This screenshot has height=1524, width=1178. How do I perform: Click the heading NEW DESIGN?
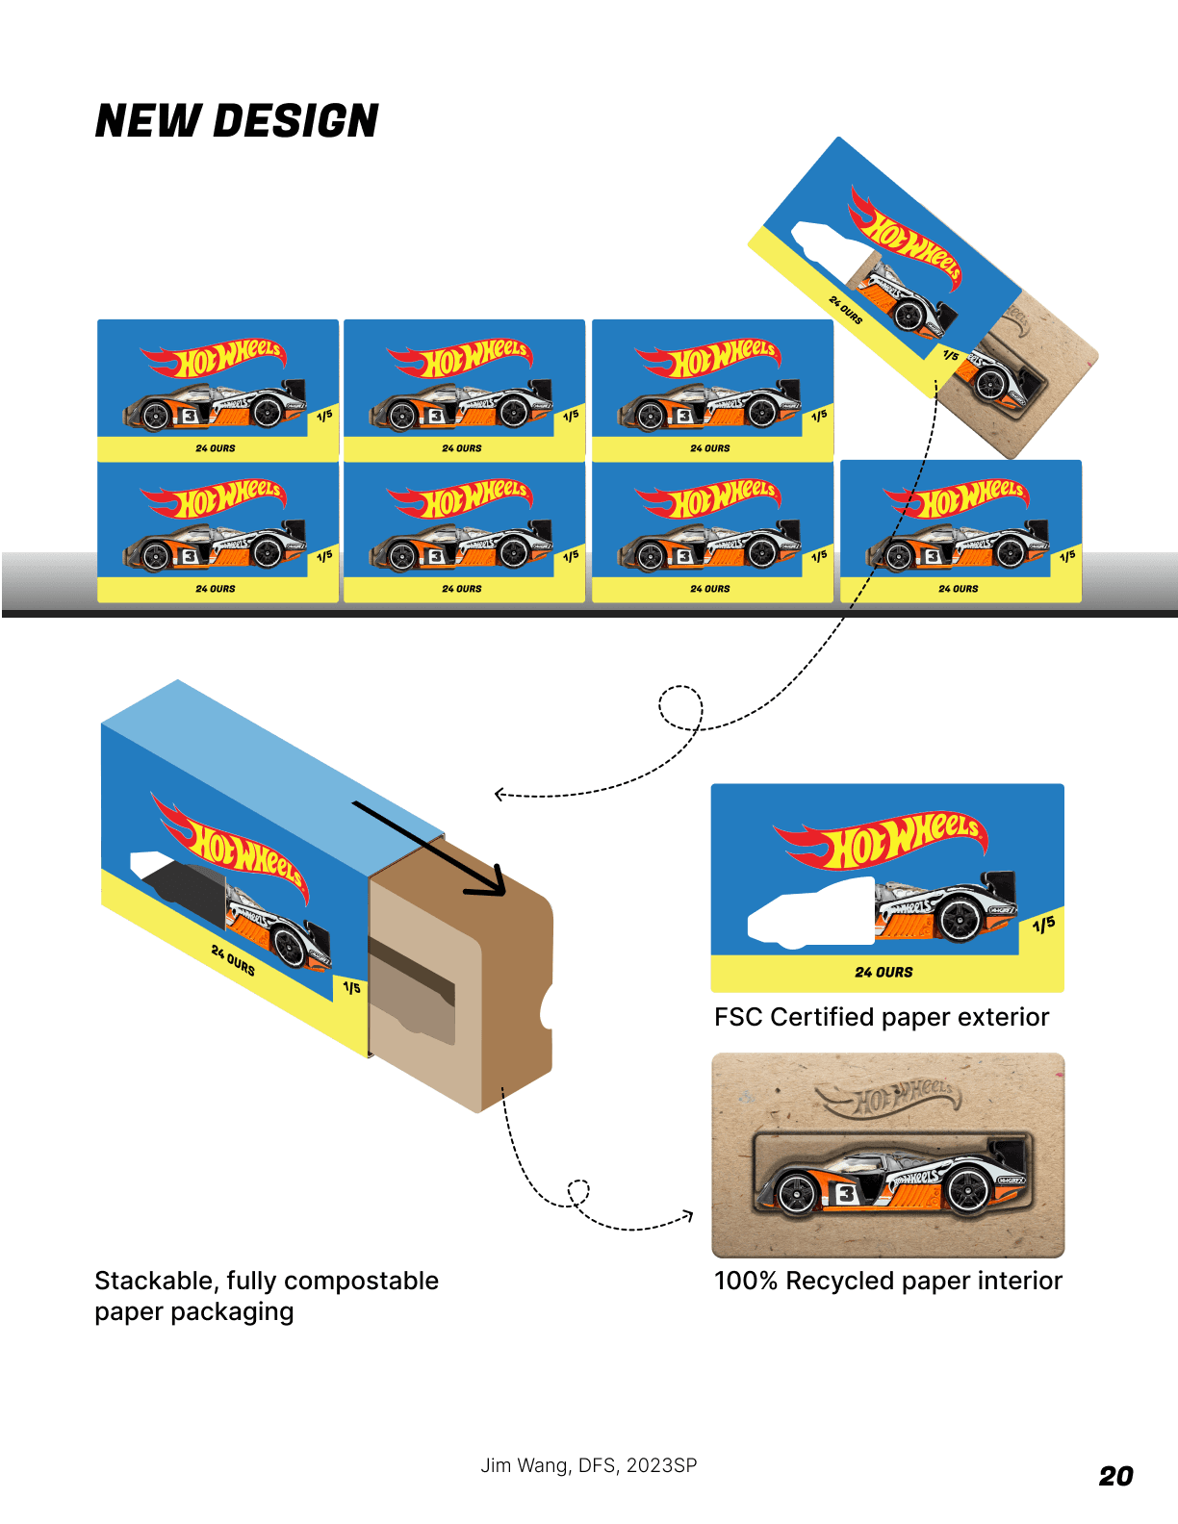pyautogui.click(x=237, y=121)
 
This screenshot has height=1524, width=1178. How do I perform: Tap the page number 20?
pyautogui.click(x=1115, y=1476)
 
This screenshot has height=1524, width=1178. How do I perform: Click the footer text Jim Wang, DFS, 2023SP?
pyautogui.click(x=589, y=1465)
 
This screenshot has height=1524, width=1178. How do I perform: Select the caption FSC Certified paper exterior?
pyautogui.click(x=881, y=1017)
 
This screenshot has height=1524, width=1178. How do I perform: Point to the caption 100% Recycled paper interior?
pyautogui.click(x=887, y=1281)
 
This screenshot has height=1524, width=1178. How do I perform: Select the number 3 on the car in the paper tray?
pyautogui.click(x=845, y=1194)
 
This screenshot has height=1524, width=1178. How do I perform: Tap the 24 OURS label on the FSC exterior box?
pyautogui.click(x=883, y=973)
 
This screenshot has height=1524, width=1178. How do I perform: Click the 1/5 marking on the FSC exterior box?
pyautogui.click(x=1043, y=925)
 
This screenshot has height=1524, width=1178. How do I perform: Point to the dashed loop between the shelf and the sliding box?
pyautogui.click(x=680, y=707)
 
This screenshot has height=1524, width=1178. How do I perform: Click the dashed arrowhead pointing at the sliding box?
pyautogui.click(x=499, y=794)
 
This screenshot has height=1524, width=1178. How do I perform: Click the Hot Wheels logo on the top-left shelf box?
pyautogui.click(x=214, y=358)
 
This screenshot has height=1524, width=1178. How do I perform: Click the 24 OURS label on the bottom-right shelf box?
pyautogui.click(x=958, y=589)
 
